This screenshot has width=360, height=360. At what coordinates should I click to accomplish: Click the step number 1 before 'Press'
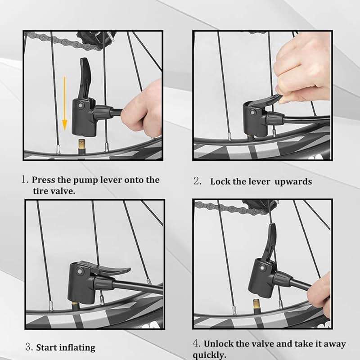25,180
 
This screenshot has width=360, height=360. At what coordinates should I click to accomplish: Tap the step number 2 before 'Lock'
197,181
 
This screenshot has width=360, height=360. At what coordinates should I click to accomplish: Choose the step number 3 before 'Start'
28,347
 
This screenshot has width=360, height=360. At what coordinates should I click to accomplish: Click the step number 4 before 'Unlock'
196,344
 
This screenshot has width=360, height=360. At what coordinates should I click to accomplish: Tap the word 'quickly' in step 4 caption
209,355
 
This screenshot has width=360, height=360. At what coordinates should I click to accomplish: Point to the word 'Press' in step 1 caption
44,180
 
